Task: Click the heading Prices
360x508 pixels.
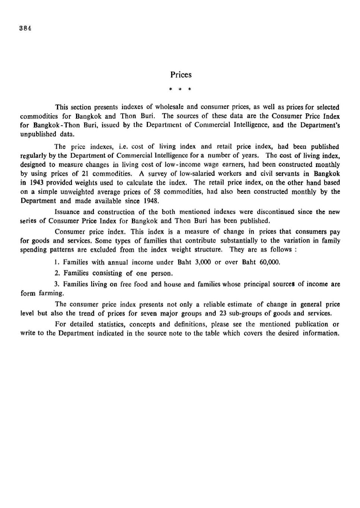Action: point(181,75)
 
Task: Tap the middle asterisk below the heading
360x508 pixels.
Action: point(180,90)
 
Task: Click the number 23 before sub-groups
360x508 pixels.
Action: point(223,313)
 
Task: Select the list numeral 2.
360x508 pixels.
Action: point(57,273)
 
